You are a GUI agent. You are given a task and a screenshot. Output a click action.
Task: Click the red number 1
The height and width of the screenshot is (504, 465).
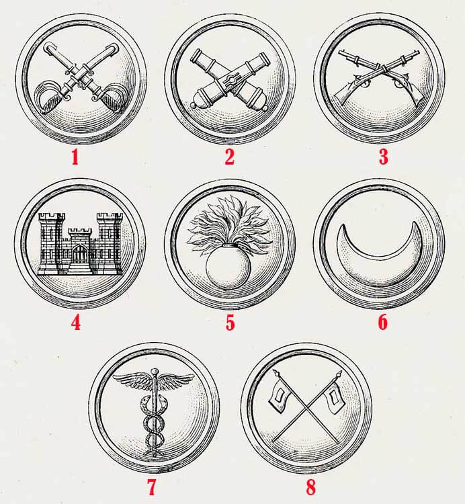click(x=75, y=157)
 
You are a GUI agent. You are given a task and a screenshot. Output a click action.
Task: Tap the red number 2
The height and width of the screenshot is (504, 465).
click(x=229, y=157)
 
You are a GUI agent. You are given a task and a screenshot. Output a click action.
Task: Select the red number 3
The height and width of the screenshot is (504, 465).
click(x=383, y=157)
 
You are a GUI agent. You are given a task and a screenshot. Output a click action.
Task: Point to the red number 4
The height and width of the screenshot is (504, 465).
click(x=76, y=323)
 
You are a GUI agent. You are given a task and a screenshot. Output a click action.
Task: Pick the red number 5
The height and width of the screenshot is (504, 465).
click(x=230, y=323)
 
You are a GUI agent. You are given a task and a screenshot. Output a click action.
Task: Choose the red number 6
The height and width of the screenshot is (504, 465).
click(x=383, y=323)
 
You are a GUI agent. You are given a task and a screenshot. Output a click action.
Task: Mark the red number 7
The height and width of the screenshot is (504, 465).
click(x=152, y=487)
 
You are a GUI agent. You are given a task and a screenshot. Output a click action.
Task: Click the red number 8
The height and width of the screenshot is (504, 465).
click(x=310, y=487)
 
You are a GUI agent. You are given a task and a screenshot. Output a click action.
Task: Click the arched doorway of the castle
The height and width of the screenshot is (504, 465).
click(x=79, y=253)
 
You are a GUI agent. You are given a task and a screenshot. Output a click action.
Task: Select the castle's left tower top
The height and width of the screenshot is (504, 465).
click(x=52, y=217)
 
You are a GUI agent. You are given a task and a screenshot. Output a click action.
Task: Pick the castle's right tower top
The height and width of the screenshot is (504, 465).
click(x=110, y=217)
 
